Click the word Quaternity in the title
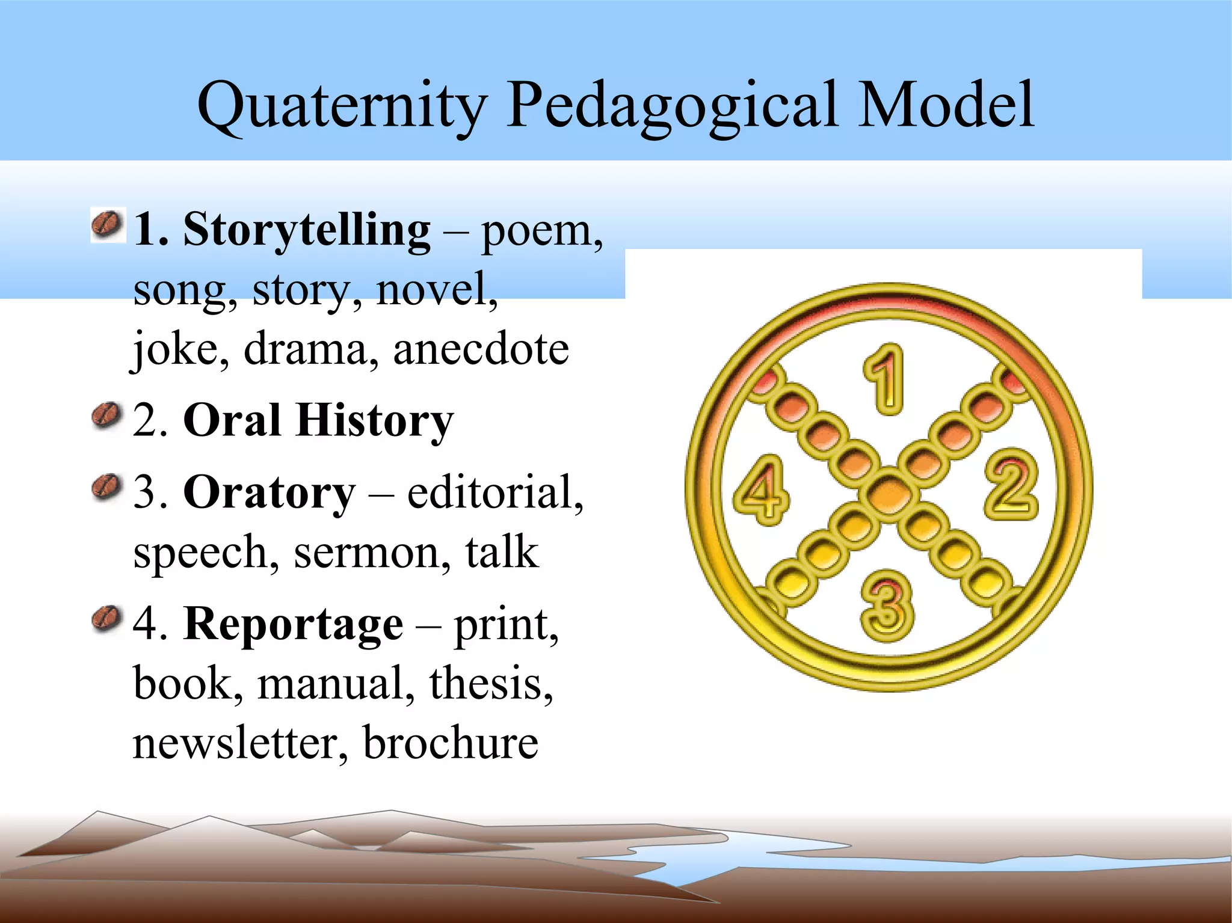341,106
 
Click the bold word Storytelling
307,230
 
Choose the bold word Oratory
269,492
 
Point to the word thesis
490,684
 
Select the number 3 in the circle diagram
887,606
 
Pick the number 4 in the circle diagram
762,490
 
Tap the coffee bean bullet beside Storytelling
108,225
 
